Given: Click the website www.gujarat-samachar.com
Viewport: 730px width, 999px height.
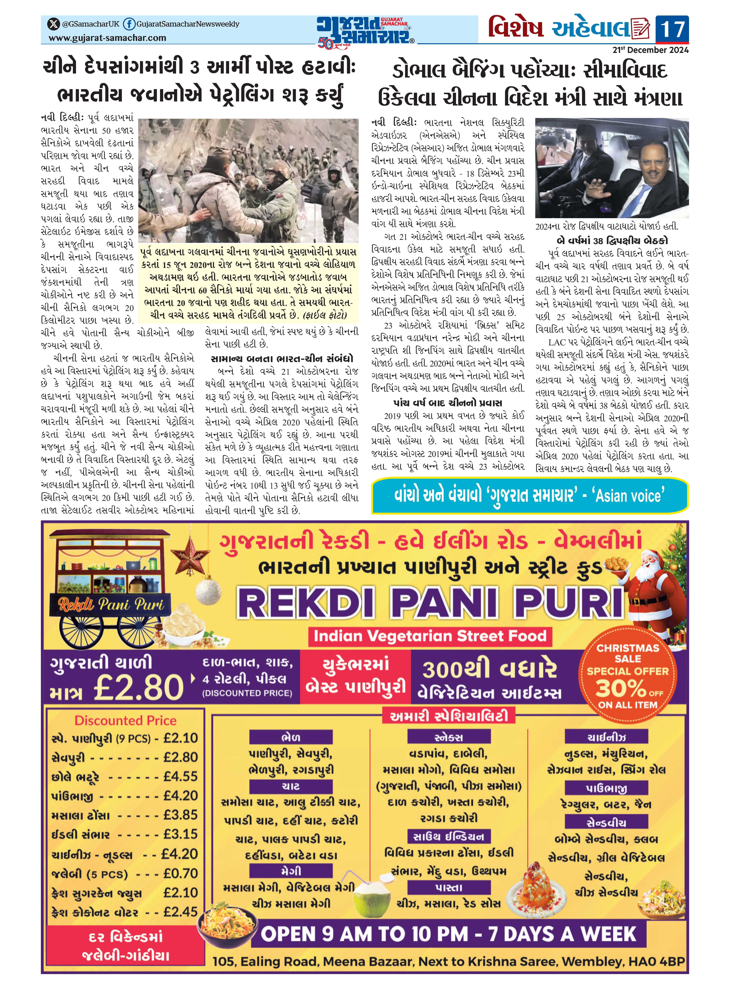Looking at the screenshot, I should point(107,38).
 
